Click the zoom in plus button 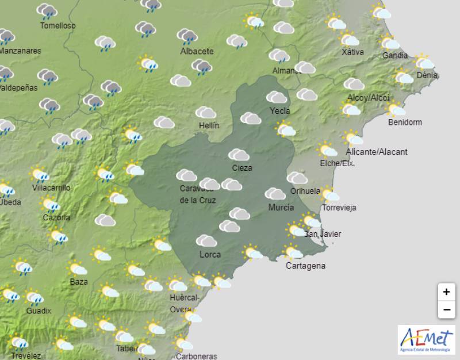446,292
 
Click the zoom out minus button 446,310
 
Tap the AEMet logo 426,339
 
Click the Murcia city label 281,208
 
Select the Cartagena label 305,266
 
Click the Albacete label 197,51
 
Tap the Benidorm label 405,122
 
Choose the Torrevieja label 339,208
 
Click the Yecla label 279,111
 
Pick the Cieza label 241,168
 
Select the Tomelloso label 57,25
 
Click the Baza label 79,282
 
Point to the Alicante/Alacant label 377,152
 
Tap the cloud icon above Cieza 239,155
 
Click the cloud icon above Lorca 206,240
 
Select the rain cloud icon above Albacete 188,37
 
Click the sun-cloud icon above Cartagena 293,252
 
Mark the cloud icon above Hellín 205,112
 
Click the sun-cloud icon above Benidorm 396,109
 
